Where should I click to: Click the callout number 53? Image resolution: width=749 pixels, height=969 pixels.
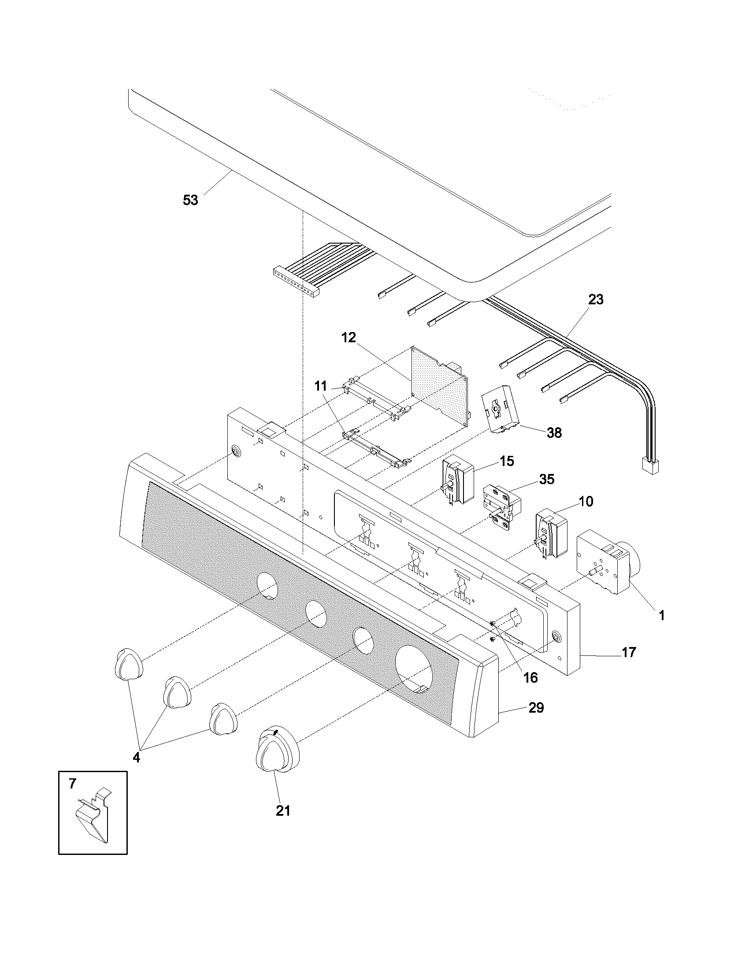tap(190, 200)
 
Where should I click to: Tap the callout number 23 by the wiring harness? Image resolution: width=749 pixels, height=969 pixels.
tap(596, 300)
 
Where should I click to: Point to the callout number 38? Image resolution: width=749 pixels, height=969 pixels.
tap(554, 433)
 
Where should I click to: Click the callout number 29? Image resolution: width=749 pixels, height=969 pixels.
tap(536, 708)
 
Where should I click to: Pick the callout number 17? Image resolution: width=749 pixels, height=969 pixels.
tap(629, 653)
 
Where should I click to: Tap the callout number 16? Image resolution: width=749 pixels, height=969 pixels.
tap(531, 677)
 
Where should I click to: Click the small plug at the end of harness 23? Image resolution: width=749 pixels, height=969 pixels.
tap(650, 466)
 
